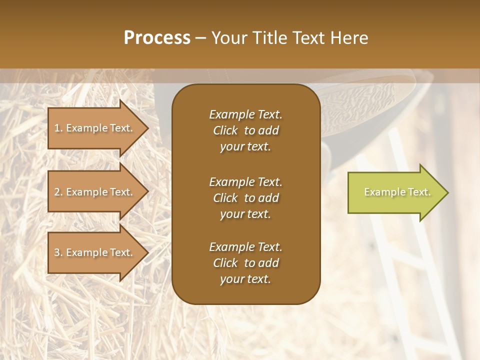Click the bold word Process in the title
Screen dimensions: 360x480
(x=157, y=38)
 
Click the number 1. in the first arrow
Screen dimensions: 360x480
(x=58, y=128)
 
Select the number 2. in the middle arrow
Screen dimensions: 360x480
(x=58, y=192)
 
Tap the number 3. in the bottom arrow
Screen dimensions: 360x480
(x=58, y=252)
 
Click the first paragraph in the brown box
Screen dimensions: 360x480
(x=245, y=130)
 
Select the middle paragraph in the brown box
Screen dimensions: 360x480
(x=245, y=197)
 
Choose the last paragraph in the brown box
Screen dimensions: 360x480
(x=245, y=263)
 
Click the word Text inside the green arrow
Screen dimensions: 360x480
(x=419, y=192)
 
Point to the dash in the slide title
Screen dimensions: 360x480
(x=201, y=38)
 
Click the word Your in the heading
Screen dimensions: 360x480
(x=229, y=38)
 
